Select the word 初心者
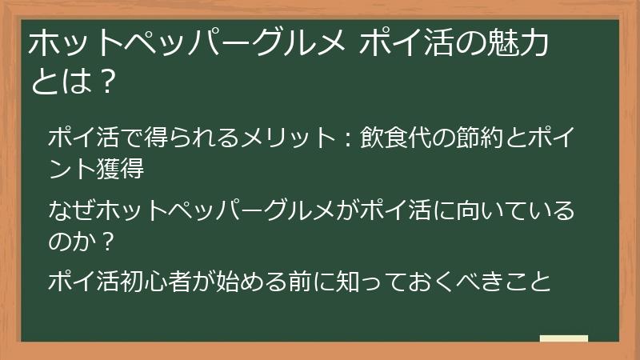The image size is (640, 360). (x=183, y=282)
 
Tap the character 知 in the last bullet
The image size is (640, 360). (x=368, y=282)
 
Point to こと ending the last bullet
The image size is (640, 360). (x=531, y=282)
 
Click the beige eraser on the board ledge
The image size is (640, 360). (x=563, y=338)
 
